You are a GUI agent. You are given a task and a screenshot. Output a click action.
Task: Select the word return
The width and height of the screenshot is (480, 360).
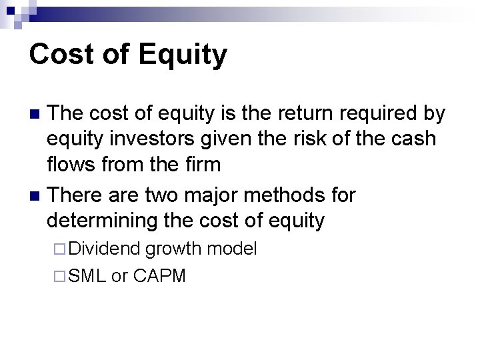pyautogui.click(x=299, y=114)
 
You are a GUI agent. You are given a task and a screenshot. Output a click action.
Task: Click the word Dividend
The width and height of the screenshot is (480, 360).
pyautogui.click(x=104, y=249)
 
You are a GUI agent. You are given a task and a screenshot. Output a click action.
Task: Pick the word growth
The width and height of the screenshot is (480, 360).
pyautogui.click(x=174, y=249)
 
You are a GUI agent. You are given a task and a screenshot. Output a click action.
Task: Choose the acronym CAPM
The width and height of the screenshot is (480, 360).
pyautogui.click(x=159, y=275)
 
